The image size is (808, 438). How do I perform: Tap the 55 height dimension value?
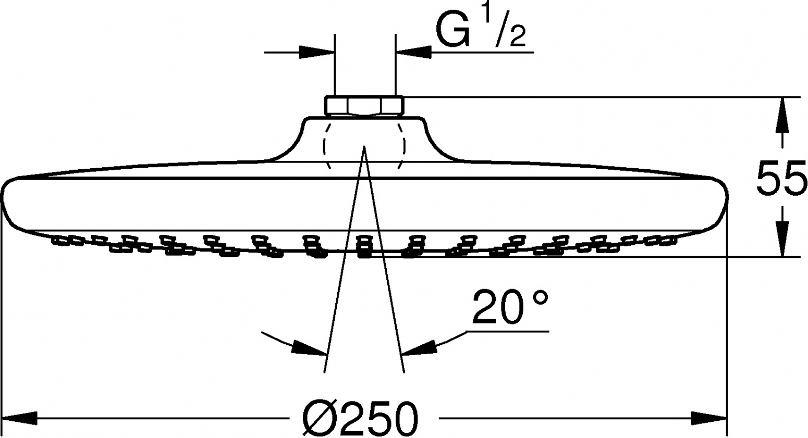click(781, 179)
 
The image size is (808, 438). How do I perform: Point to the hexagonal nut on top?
click(364, 106)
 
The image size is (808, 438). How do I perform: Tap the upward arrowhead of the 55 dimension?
click(782, 115)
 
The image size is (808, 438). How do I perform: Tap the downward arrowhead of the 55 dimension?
click(782, 238)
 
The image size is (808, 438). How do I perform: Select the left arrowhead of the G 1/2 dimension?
click(317, 52)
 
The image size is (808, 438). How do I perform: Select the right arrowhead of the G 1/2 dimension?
click(414, 52)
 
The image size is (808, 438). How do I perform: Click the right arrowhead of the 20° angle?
click(419, 348)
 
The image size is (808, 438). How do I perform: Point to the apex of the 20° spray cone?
click(364, 146)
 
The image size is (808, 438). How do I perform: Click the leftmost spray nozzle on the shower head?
click(59, 240)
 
